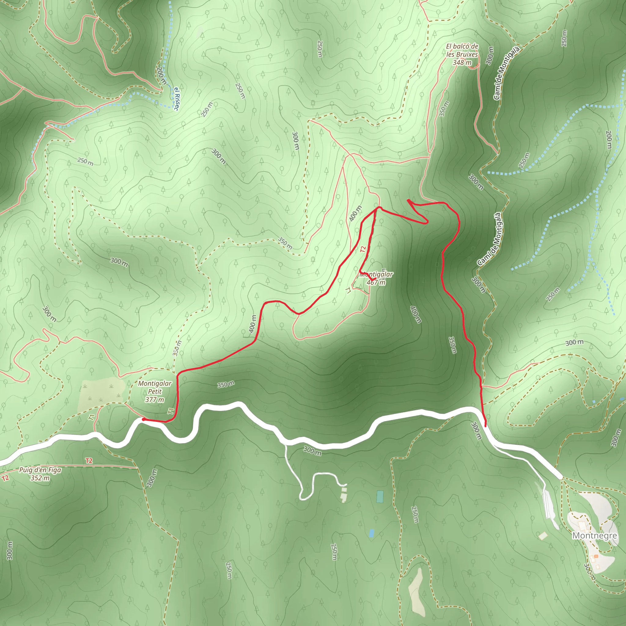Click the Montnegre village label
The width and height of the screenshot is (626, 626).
point(594,536)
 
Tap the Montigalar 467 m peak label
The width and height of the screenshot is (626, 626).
point(376,278)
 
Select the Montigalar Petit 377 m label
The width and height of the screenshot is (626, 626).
point(155,392)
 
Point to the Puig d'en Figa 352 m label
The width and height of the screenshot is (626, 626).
point(40,474)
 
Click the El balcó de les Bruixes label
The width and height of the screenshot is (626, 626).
point(462,54)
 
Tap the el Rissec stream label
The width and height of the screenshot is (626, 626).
point(177,99)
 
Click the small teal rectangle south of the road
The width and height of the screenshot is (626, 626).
point(380,497)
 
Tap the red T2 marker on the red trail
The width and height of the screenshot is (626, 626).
point(363,249)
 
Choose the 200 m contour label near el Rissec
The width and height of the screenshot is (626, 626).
point(161,76)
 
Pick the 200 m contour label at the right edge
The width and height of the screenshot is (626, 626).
point(609,140)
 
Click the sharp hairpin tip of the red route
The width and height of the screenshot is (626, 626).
point(408,200)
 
